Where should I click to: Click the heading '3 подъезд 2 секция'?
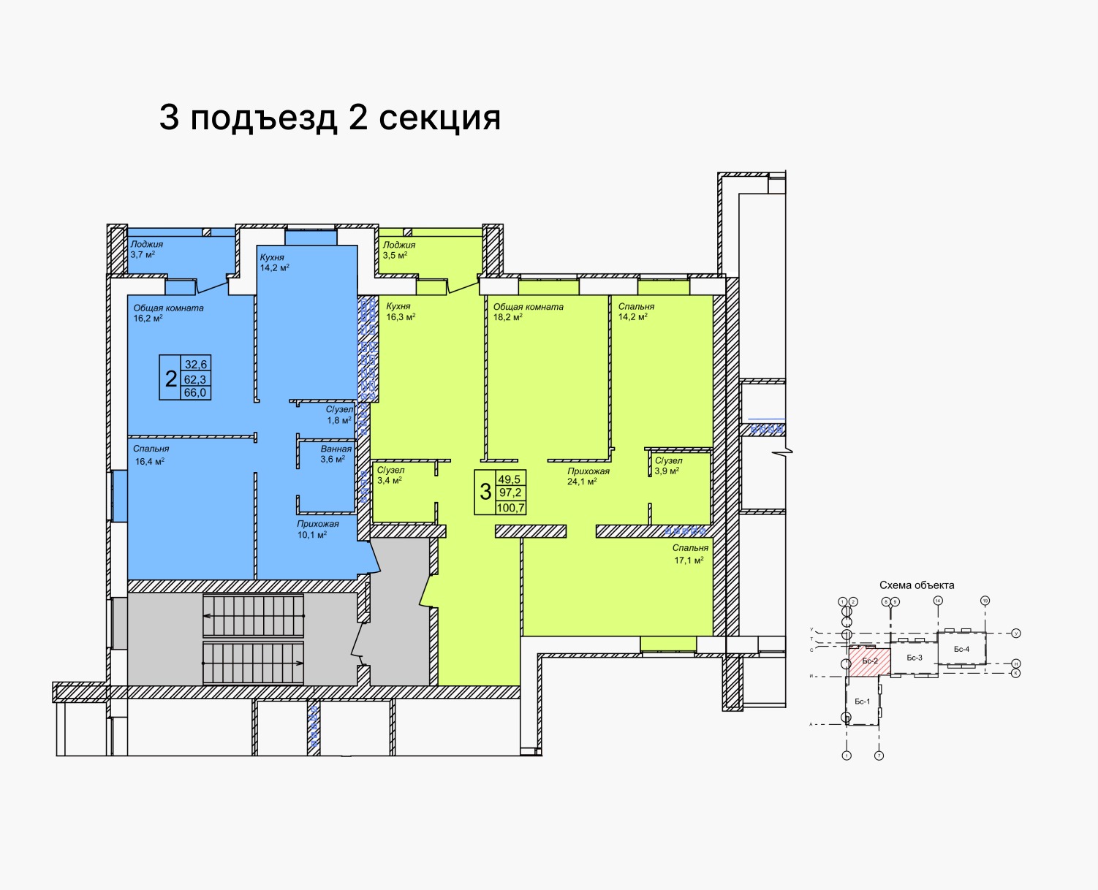pyautogui.click(x=330, y=118)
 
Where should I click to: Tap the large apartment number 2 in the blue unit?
pyautogui.click(x=170, y=379)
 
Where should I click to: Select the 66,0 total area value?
pyautogui.click(x=195, y=392)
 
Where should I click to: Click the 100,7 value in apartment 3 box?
pyautogui.click(x=510, y=508)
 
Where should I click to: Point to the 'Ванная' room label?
pyautogui.click(x=336, y=454)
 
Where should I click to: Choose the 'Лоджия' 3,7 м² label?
pyautogui.click(x=146, y=249)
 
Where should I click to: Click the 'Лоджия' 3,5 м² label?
pyautogui.click(x=398, y=250)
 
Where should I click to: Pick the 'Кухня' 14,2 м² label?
pyautogui.click(x=274, y=262)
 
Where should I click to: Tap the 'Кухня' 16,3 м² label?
pyautogui.click(x=400, y=311)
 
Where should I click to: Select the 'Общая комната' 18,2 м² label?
pyautogui.click(x=528, y=312)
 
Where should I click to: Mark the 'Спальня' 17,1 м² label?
pyautogui.click(x=689, y=554)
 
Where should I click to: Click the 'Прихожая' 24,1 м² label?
pyautogui.click(x=588, y=476)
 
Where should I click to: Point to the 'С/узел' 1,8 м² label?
pyautogui.click(x=339, y=415)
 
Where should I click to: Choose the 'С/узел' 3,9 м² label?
pyautogui.click(x=667, y=465)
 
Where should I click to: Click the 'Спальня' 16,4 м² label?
pyautogui.click(x=151, y=454)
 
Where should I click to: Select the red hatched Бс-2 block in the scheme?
pyautogui.click(x=869, y=661)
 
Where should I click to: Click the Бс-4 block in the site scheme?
pyautogui.click(x=961, y=649)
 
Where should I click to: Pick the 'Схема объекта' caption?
pyautogui.click(x=917, y=585)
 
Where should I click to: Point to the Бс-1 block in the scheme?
pyautogui.click(x=862, y=701)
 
